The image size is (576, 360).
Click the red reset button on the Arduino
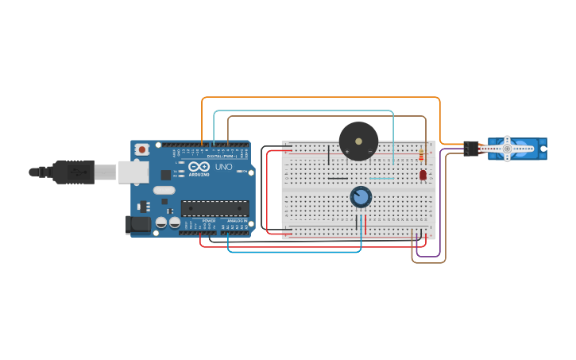coord(142,149)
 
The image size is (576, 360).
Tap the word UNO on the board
coord(225,167)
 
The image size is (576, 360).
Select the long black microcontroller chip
coord(215,208)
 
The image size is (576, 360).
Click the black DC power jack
coord(138,225)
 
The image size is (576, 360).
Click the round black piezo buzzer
coord(358,141)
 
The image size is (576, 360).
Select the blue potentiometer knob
coord(361,196)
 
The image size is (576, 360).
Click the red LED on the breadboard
coord(423,175)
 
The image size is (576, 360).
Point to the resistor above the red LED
coord(421,156)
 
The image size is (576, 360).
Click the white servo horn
coord(507,149)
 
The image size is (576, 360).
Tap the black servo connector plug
coord(471,148)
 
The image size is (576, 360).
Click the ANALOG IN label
coord(237,220)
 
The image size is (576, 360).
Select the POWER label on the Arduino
coord(208,220)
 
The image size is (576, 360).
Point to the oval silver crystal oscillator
coord(164,190)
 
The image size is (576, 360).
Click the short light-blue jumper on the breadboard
coord(381,178)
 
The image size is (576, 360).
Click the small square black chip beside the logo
coord(165,174)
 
